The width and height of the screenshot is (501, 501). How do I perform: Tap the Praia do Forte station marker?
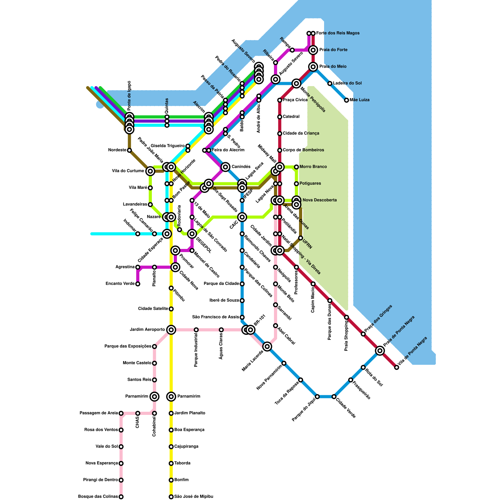tap(313, 50)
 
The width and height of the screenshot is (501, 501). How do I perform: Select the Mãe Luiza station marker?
tap(346, 100)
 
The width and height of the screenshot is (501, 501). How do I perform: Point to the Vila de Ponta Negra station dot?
tap(397, 367)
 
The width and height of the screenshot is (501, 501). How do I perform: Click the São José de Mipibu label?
tap(194, 497)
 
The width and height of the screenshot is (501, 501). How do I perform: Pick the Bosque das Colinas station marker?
tap(121, 497)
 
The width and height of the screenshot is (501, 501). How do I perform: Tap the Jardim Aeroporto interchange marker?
tap(171, 330)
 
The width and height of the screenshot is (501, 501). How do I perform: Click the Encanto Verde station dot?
tap(138, 284)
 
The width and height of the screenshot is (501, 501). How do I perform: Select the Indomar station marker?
tap(138, 234)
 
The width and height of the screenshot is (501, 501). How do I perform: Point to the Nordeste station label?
tap(117, 150)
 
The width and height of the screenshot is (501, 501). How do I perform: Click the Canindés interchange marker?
tap(225, 167)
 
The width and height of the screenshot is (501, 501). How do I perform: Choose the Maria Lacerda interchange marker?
tap(267, 346)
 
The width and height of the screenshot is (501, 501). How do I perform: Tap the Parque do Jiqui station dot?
tap(317, 397)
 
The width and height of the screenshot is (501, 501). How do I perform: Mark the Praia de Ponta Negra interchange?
tap(380, 351)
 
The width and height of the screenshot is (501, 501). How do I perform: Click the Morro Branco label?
tap(313, 167)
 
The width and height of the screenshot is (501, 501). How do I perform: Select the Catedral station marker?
tap(280, 117)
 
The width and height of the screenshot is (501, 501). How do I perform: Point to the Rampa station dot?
tap(292, 50)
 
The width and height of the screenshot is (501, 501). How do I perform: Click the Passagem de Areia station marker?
tap(121, 413)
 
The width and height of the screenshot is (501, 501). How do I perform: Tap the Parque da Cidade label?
tap(221, 284)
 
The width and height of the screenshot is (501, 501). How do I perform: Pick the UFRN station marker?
tap(301, 238)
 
